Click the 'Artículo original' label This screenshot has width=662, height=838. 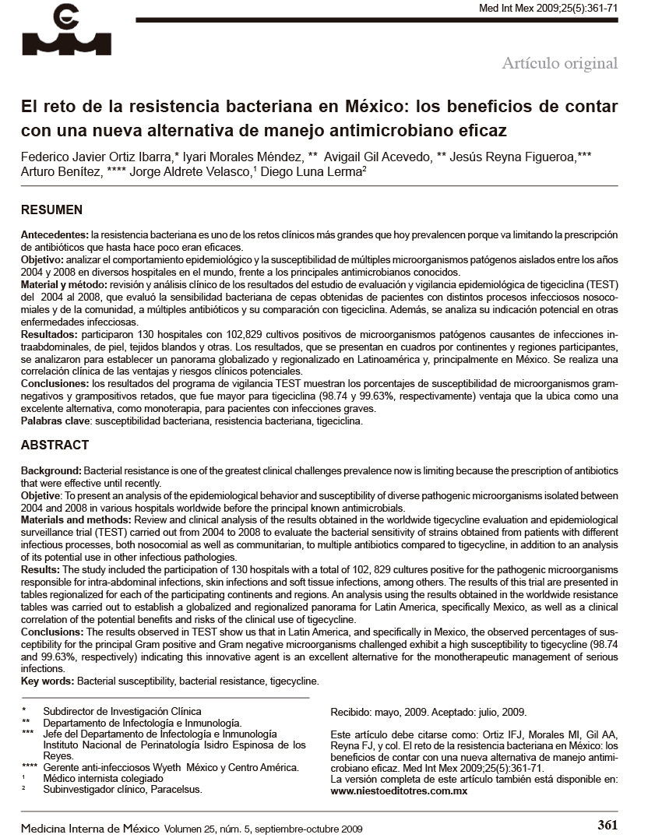pos(559,63)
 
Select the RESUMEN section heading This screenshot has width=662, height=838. pos(51,210)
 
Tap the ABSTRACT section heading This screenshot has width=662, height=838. pos(55,445)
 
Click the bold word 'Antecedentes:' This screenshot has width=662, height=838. pos(55,235)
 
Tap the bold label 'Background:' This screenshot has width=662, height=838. pos(51,472)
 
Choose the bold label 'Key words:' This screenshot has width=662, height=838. pos(48,681)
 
